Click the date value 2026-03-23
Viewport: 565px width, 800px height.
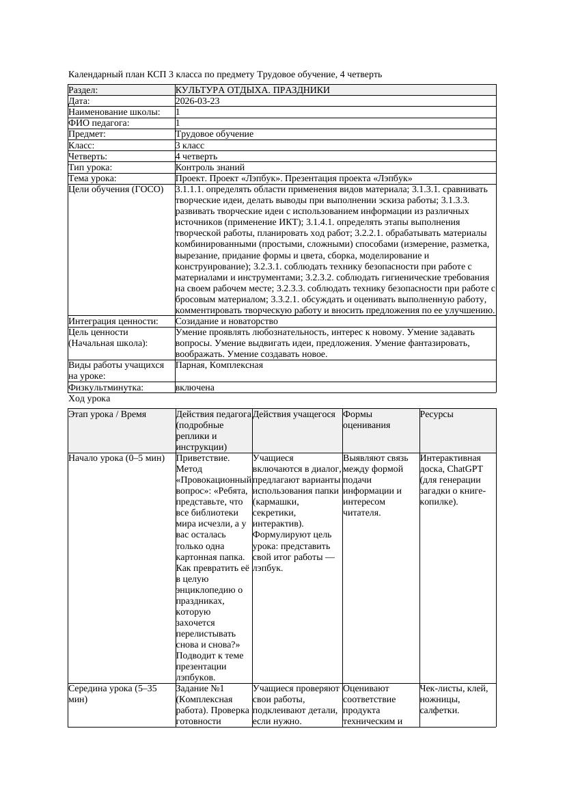pyautogui.click(x=197, y=101)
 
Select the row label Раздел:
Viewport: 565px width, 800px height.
pyautogui.click(x=83, y=90)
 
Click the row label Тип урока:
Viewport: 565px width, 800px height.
pyautogui.click(x=90, y=167)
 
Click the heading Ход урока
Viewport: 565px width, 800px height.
pyautogui.click(x=89, y=398)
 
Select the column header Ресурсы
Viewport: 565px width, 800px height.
pyautogui.click(x=436, y=414)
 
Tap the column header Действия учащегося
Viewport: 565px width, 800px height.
pyautogui.click(x=294, y=414)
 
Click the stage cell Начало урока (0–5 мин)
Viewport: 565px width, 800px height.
pyautogui.click(x=116, y=458)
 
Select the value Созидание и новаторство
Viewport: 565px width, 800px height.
pyautogui.click(x=226, y=321)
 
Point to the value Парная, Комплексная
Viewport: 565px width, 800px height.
pyautogui.click(x=219, y=365)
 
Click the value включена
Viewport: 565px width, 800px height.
pyautogui.click(x=195, y=387)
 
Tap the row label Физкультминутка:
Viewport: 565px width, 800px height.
pyautogui.click(x=106, y=387)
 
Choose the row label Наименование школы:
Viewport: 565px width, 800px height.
pyautogui.click(x=115, y=111)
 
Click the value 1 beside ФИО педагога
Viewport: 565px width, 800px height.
pyautogui.click(x=178, y=122)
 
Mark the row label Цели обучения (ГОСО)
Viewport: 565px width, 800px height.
pyautogui.click(x=116, y=189)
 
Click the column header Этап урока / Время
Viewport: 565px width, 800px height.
pyautogui.click(x=107, y=414)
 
